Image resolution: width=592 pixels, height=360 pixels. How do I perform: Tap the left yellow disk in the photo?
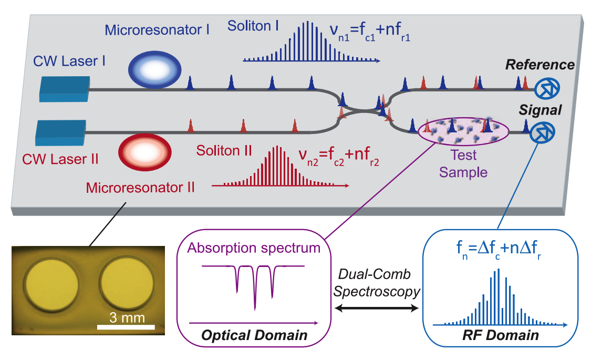tap(53, 284)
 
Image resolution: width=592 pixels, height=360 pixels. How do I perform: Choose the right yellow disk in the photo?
tap(126, 284)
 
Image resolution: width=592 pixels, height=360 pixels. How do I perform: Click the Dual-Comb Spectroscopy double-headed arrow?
tap(376, 310)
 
